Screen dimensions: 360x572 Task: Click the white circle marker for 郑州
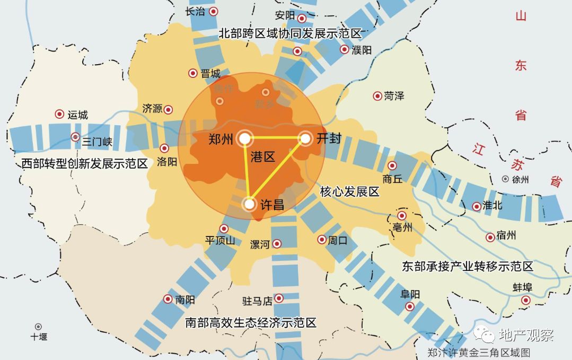tap(244, 138)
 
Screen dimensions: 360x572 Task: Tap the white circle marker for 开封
tap(305, 138)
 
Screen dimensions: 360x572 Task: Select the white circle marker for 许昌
tap(249, 204)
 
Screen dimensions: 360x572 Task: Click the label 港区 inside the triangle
tap(263, 156)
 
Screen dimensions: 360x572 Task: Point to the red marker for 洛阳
tap(164, 148)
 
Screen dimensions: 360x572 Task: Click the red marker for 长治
tap(214, 11)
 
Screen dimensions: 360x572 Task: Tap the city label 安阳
tap(285, 15)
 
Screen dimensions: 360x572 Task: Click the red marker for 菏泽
tap(377, 96)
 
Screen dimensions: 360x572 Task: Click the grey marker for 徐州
tap(506, 179)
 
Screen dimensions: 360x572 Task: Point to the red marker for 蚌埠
tap(525, 301)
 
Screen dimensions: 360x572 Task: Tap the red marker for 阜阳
tap(410, 306)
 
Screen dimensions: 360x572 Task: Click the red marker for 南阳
tap(168, 299)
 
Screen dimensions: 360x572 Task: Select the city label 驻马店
tap(257, 301)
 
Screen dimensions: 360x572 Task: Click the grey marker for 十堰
tap(38, 327)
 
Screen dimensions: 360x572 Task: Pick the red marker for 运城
tap(59, 114)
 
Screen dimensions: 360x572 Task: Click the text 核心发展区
tap(349, 191)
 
